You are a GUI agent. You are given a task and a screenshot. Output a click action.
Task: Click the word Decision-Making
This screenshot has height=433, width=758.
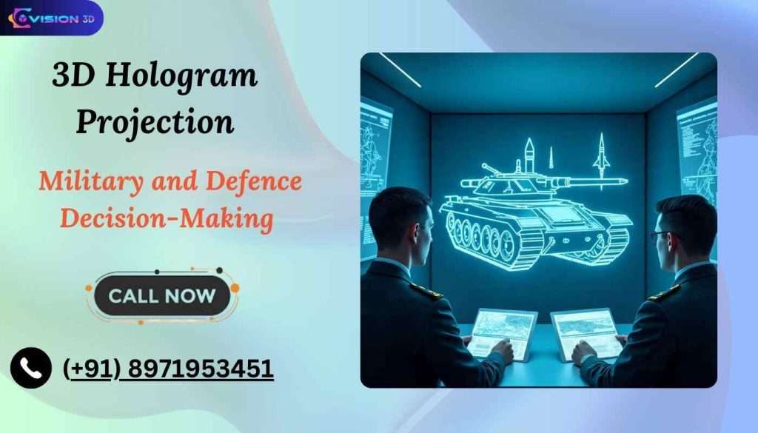click(167, 218)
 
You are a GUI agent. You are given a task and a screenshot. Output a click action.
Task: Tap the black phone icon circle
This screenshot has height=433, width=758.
click(31, 368)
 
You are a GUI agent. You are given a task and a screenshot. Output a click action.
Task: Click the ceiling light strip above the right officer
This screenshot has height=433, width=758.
click(676, 70)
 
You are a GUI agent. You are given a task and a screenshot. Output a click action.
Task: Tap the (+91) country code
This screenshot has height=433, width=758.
click(90, 368)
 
